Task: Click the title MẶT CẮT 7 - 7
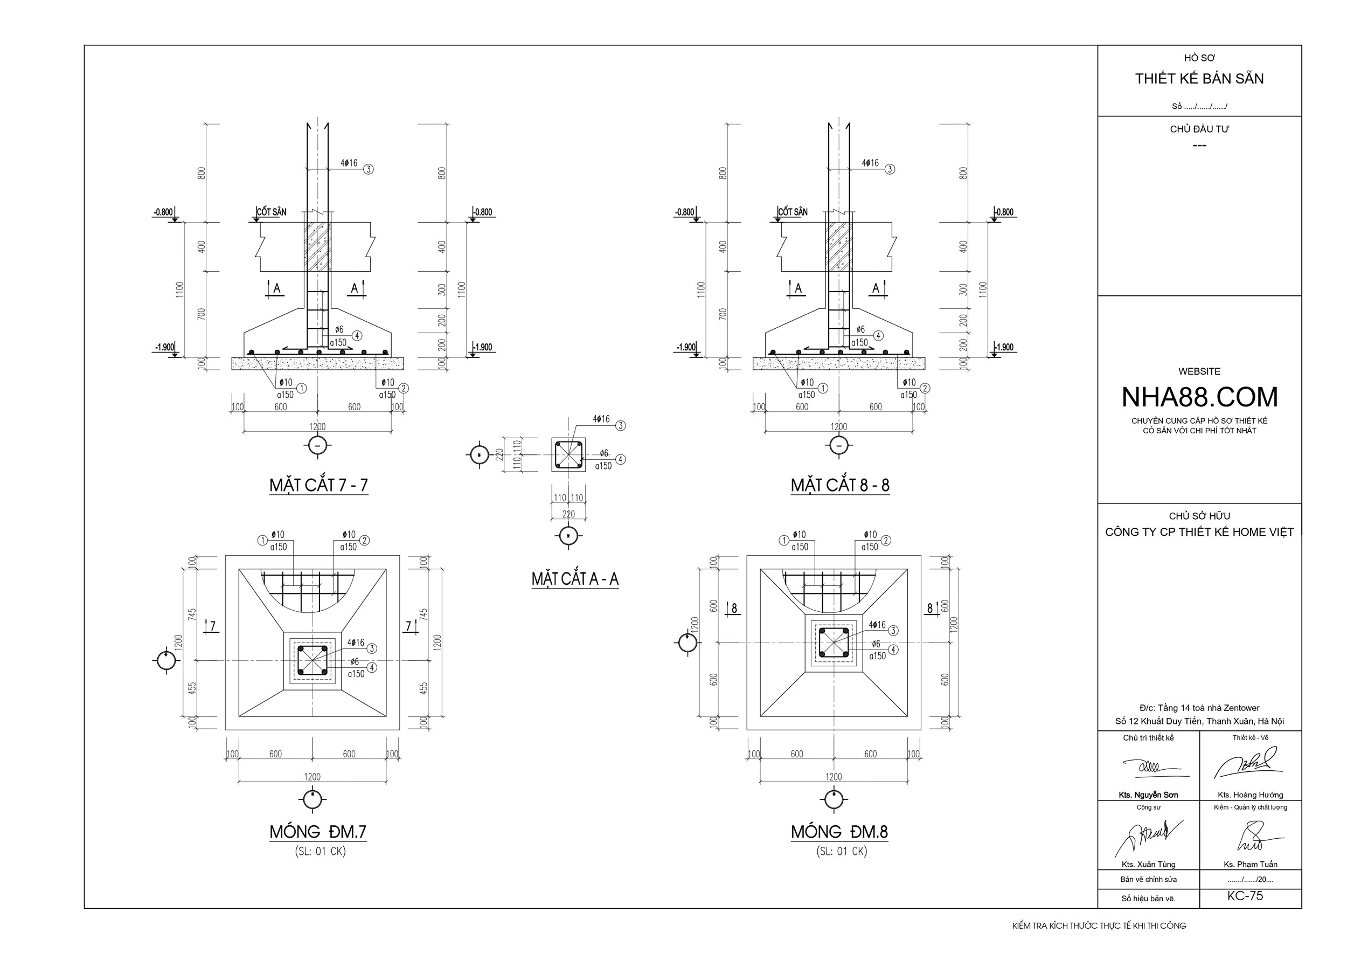pos(318,485)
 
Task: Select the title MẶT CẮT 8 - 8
pos(839,485)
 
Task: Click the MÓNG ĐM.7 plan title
pos(318,832)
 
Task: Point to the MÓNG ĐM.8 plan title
pos(839,832)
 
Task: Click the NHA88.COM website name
pos(1199,397)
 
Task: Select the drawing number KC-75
pos(1245,896)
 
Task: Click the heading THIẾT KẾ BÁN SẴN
pos(1199,79)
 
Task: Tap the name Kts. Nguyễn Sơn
pos(1148,795)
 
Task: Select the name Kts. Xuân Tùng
pos(1148,865)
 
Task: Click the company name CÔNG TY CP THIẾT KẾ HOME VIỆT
pos(1199,532)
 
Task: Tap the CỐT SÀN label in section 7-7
pos(272,212)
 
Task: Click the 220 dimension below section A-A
pos(568,514)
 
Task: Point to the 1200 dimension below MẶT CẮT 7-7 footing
pos(317,426)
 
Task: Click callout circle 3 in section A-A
pos(621,425)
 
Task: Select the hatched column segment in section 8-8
pos(839,246)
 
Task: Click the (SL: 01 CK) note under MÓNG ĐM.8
pos(841,851)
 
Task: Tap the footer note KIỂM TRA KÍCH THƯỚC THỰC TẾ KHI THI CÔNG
pos(1099,926)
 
